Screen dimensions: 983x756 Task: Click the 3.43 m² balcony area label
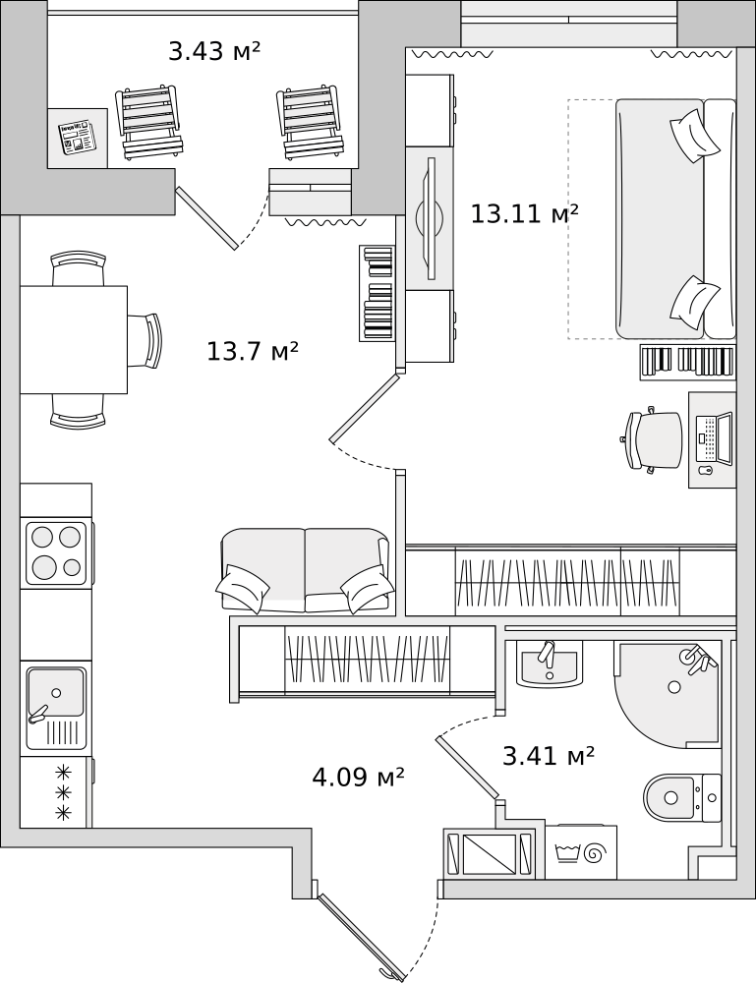pos(214,51)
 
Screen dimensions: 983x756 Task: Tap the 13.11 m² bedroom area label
pos(524,213)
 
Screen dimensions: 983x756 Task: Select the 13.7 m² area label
pos(252,351)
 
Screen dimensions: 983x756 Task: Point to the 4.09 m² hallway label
pos(358,778)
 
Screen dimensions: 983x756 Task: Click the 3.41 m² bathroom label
pos(549,756)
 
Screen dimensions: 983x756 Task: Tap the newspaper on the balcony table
pos(77,138)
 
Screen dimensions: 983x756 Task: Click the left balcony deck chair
pos(149,123)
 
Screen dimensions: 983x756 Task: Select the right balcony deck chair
pos(312,123)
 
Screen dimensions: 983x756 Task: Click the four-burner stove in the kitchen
pos(56,552)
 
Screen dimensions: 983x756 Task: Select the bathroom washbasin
pos(550,666)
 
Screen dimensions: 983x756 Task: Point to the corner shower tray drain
pos(674,686)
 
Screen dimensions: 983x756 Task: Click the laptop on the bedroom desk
pos(715,438)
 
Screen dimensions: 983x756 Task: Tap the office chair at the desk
pos(655,440)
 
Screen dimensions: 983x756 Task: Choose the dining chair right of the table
pos(146,340)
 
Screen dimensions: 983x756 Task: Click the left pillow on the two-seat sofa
pos(243,587)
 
